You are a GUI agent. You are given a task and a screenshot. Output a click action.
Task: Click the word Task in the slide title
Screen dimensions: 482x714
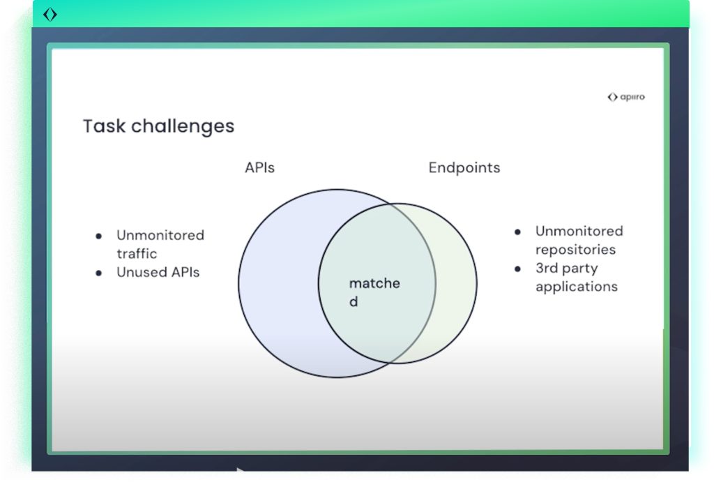coord(104,126)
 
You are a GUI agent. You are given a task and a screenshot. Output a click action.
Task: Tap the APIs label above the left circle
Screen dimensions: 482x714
coord(259,168)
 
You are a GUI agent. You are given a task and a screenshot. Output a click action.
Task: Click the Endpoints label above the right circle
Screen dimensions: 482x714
coord(464,168)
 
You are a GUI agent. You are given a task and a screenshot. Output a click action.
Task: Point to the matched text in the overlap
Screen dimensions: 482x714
coord(374,284)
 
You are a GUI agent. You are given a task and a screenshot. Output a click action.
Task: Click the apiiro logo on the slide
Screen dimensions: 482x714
coord(626,97)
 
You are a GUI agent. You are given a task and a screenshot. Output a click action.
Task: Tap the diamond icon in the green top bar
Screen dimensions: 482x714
coord(50,14)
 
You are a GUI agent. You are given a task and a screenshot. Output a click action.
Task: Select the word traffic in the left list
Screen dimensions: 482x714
coord(137,254)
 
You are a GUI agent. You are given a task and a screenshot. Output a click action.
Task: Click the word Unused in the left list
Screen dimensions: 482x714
coord(139,272)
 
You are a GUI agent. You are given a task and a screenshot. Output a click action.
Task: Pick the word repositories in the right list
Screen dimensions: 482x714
coord(575,250)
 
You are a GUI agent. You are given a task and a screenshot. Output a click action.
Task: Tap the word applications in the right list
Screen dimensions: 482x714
coord(576,287)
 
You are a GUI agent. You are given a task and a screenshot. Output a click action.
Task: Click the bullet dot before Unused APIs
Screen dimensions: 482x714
coord(99,273)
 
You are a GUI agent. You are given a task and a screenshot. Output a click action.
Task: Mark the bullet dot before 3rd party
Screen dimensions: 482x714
coord(518,269)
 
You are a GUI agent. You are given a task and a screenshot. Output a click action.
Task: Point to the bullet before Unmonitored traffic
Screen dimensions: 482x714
coord(99,236)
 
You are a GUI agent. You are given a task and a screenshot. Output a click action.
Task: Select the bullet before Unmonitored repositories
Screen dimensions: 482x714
coord(518,232)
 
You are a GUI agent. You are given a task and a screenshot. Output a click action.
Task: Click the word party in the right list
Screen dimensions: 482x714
coord(582,269)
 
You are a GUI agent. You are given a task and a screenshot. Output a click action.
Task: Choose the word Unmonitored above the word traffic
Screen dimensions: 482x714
coord(160,236)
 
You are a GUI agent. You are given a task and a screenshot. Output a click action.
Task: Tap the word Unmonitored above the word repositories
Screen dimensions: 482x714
coord(579,232)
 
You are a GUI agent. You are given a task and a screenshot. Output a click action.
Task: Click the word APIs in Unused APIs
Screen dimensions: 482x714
coord(182,272)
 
